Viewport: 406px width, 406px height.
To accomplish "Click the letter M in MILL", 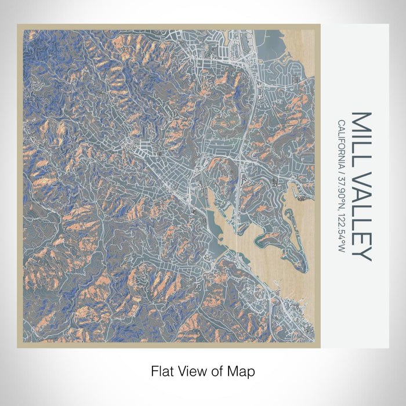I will (x=361, y=119).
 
